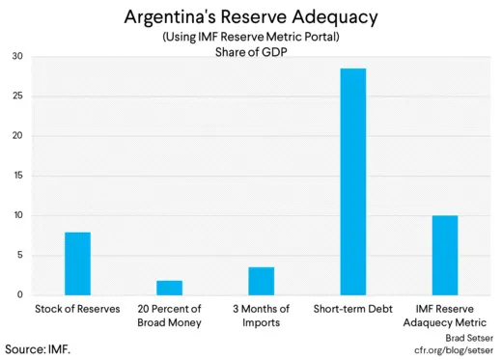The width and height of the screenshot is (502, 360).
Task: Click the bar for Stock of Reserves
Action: pos(77,263)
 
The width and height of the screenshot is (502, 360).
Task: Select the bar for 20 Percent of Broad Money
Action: pos(169,288)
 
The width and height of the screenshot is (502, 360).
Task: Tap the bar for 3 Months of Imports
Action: pos(261,281)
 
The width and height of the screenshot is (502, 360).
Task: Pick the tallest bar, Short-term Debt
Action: pos(353,181)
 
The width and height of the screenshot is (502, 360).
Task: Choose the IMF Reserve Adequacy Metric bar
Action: pos(445,255)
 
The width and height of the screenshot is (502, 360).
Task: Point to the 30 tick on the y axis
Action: pos(16,56)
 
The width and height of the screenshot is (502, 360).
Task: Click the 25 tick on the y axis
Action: pos(16,96)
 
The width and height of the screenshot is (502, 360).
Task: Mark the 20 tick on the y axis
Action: pos(16,136)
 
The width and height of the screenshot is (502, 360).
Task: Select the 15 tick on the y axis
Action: pos(16,176)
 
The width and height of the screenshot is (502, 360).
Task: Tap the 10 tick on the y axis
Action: pos(16,215)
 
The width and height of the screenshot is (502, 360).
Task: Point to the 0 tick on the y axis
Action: pos(19,295)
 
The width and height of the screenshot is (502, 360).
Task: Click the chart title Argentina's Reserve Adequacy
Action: pos(250,17)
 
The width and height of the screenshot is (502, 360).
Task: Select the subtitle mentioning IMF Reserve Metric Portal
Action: pos(250,37)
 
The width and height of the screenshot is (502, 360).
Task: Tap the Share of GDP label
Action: pos(250,51)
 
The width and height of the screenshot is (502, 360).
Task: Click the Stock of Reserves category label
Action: pos(77,309)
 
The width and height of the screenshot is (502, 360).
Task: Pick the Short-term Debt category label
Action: pos(353,309)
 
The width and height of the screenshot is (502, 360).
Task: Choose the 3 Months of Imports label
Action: pos(261,316)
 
